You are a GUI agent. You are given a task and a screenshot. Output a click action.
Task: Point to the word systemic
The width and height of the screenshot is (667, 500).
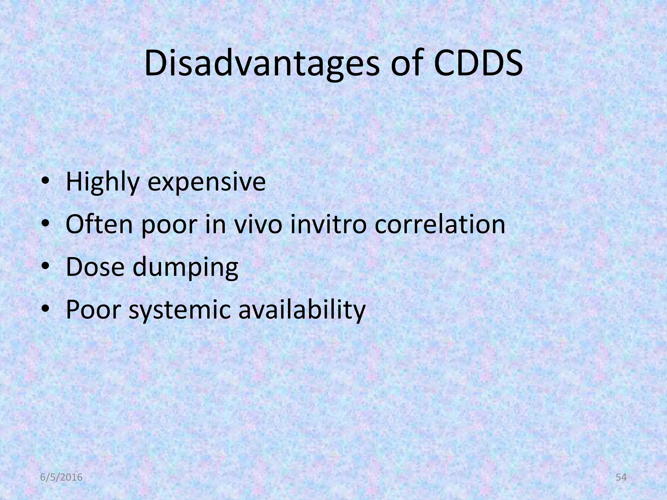[180, 310]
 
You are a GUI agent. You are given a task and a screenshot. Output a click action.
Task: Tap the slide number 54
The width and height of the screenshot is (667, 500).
[621, 478]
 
